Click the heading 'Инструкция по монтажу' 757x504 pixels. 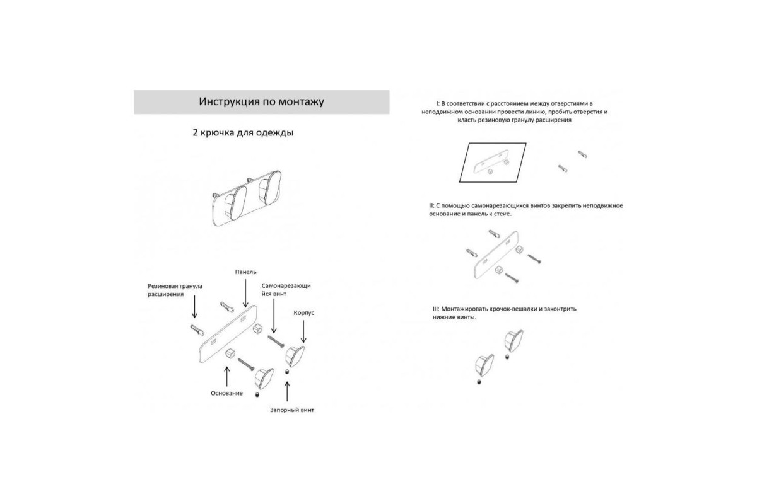(261, 101)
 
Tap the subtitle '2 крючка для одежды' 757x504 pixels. (243, 133)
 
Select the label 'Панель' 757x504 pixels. (245, 272)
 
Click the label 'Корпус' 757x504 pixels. (304, 313)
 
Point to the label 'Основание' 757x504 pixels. (226, 393)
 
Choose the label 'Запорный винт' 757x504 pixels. (292, 410)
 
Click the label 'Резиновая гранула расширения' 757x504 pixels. (175, 290)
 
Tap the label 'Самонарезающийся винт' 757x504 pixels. (286, 290)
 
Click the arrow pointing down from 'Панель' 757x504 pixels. (245, 294)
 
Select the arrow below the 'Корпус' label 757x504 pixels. (303, 332)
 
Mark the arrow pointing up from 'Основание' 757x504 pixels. (226, 376)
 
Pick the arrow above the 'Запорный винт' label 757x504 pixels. (287, 391)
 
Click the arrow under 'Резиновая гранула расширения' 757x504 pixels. (194, 307)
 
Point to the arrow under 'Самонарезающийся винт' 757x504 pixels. (274, 316)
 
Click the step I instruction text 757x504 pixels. (514, 112)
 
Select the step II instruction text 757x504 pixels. (526, 210)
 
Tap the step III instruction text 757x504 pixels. (505, 313)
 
